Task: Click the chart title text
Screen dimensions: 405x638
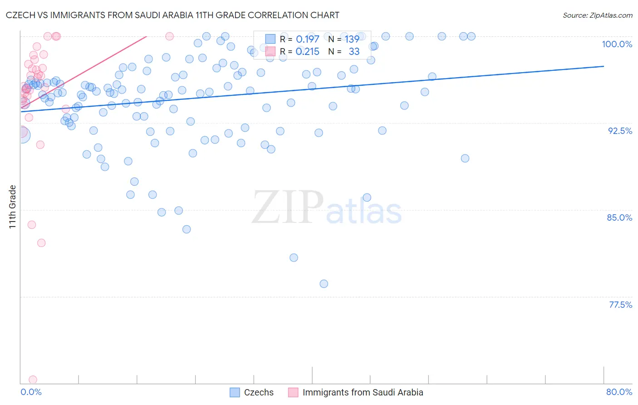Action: tap(172, 15)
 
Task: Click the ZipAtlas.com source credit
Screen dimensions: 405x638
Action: tap(597, 15)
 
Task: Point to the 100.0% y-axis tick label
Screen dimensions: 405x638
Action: tap(617, 44)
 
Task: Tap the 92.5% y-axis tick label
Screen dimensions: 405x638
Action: tap(620, 131)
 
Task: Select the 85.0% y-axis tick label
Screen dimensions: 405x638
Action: tap(619, 217)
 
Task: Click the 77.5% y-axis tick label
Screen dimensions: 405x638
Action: tap(620, 305)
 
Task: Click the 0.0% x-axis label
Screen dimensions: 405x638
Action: tap(31, 392)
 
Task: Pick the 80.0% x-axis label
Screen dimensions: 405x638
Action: tap(619, 392)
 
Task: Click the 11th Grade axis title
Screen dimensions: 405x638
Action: tap(13, 207)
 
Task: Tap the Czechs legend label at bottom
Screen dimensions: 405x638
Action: tap(259, 393)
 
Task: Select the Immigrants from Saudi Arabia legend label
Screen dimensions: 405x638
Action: tap(363, 393)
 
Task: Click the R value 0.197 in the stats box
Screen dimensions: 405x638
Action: tap(307, 40)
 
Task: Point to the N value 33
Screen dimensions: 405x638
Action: tap(354, 52)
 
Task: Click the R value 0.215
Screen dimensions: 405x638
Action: tap(307, 52)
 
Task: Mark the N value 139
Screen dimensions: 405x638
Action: tap(352, 40)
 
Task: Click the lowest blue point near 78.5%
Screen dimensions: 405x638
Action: tap(324, 284)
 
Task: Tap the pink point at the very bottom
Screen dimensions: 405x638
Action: tap(33, 380)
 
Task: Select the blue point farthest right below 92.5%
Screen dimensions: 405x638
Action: tap(465, 158)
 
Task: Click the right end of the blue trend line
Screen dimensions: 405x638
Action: tap(604, 66)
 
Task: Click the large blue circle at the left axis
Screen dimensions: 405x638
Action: tap(22, 134)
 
